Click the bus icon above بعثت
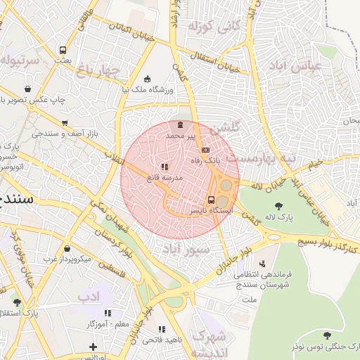point(63,51)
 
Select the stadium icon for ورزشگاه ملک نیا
point(146,79)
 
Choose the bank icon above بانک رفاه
point(205,150)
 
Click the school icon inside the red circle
point(165,167)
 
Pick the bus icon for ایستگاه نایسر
point(212,200)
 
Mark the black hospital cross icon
point(93,347)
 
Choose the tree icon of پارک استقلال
point(17,302)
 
